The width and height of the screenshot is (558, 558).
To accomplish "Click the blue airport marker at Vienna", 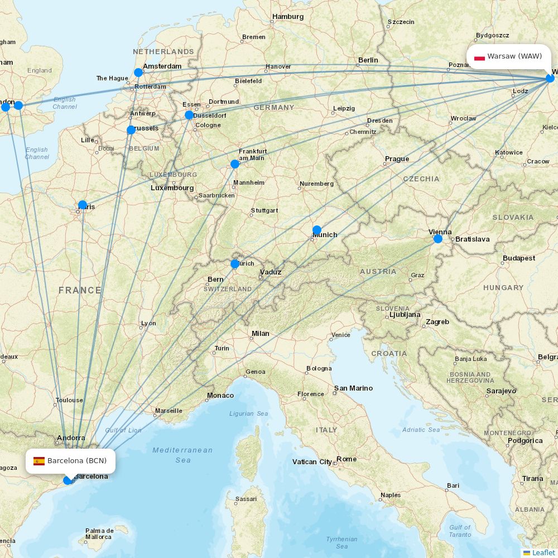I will tap(437, 239).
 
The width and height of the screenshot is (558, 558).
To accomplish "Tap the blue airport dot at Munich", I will tap(317, 230).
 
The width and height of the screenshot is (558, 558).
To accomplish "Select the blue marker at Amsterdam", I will tap(138, 73).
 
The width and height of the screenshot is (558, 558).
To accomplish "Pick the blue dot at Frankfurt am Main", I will tap(235, 164).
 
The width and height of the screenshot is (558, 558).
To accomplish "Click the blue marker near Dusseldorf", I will tap(189, 115).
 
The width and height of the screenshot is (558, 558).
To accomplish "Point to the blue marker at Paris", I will tap(83, 205).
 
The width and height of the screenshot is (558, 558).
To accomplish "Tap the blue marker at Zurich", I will tap(235, 263).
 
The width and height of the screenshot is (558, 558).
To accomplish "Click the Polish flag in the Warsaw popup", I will tap(479, 57).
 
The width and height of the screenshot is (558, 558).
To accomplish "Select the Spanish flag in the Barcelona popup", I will tap(39, 461).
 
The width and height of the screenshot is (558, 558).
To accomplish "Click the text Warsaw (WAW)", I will tap(514, 56).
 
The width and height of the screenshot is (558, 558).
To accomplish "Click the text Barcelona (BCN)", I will tap(77, 461).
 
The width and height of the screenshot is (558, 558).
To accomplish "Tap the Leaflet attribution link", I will tap(543, 552).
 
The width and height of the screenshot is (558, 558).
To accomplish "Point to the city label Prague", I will tap(397, 159).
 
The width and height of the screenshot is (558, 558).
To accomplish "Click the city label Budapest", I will tap(518, 258).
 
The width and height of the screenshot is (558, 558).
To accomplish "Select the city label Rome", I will tap(346, 459).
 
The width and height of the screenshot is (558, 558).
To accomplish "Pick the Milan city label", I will tap(260, 334).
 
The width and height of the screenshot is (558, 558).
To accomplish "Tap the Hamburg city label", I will tap(288, 17).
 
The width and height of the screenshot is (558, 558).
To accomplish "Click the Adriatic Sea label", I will tap(421, 430).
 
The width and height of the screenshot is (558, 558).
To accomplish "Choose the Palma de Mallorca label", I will tap(99, 533).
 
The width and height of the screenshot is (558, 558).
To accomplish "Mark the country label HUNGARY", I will tap(503, 287).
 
